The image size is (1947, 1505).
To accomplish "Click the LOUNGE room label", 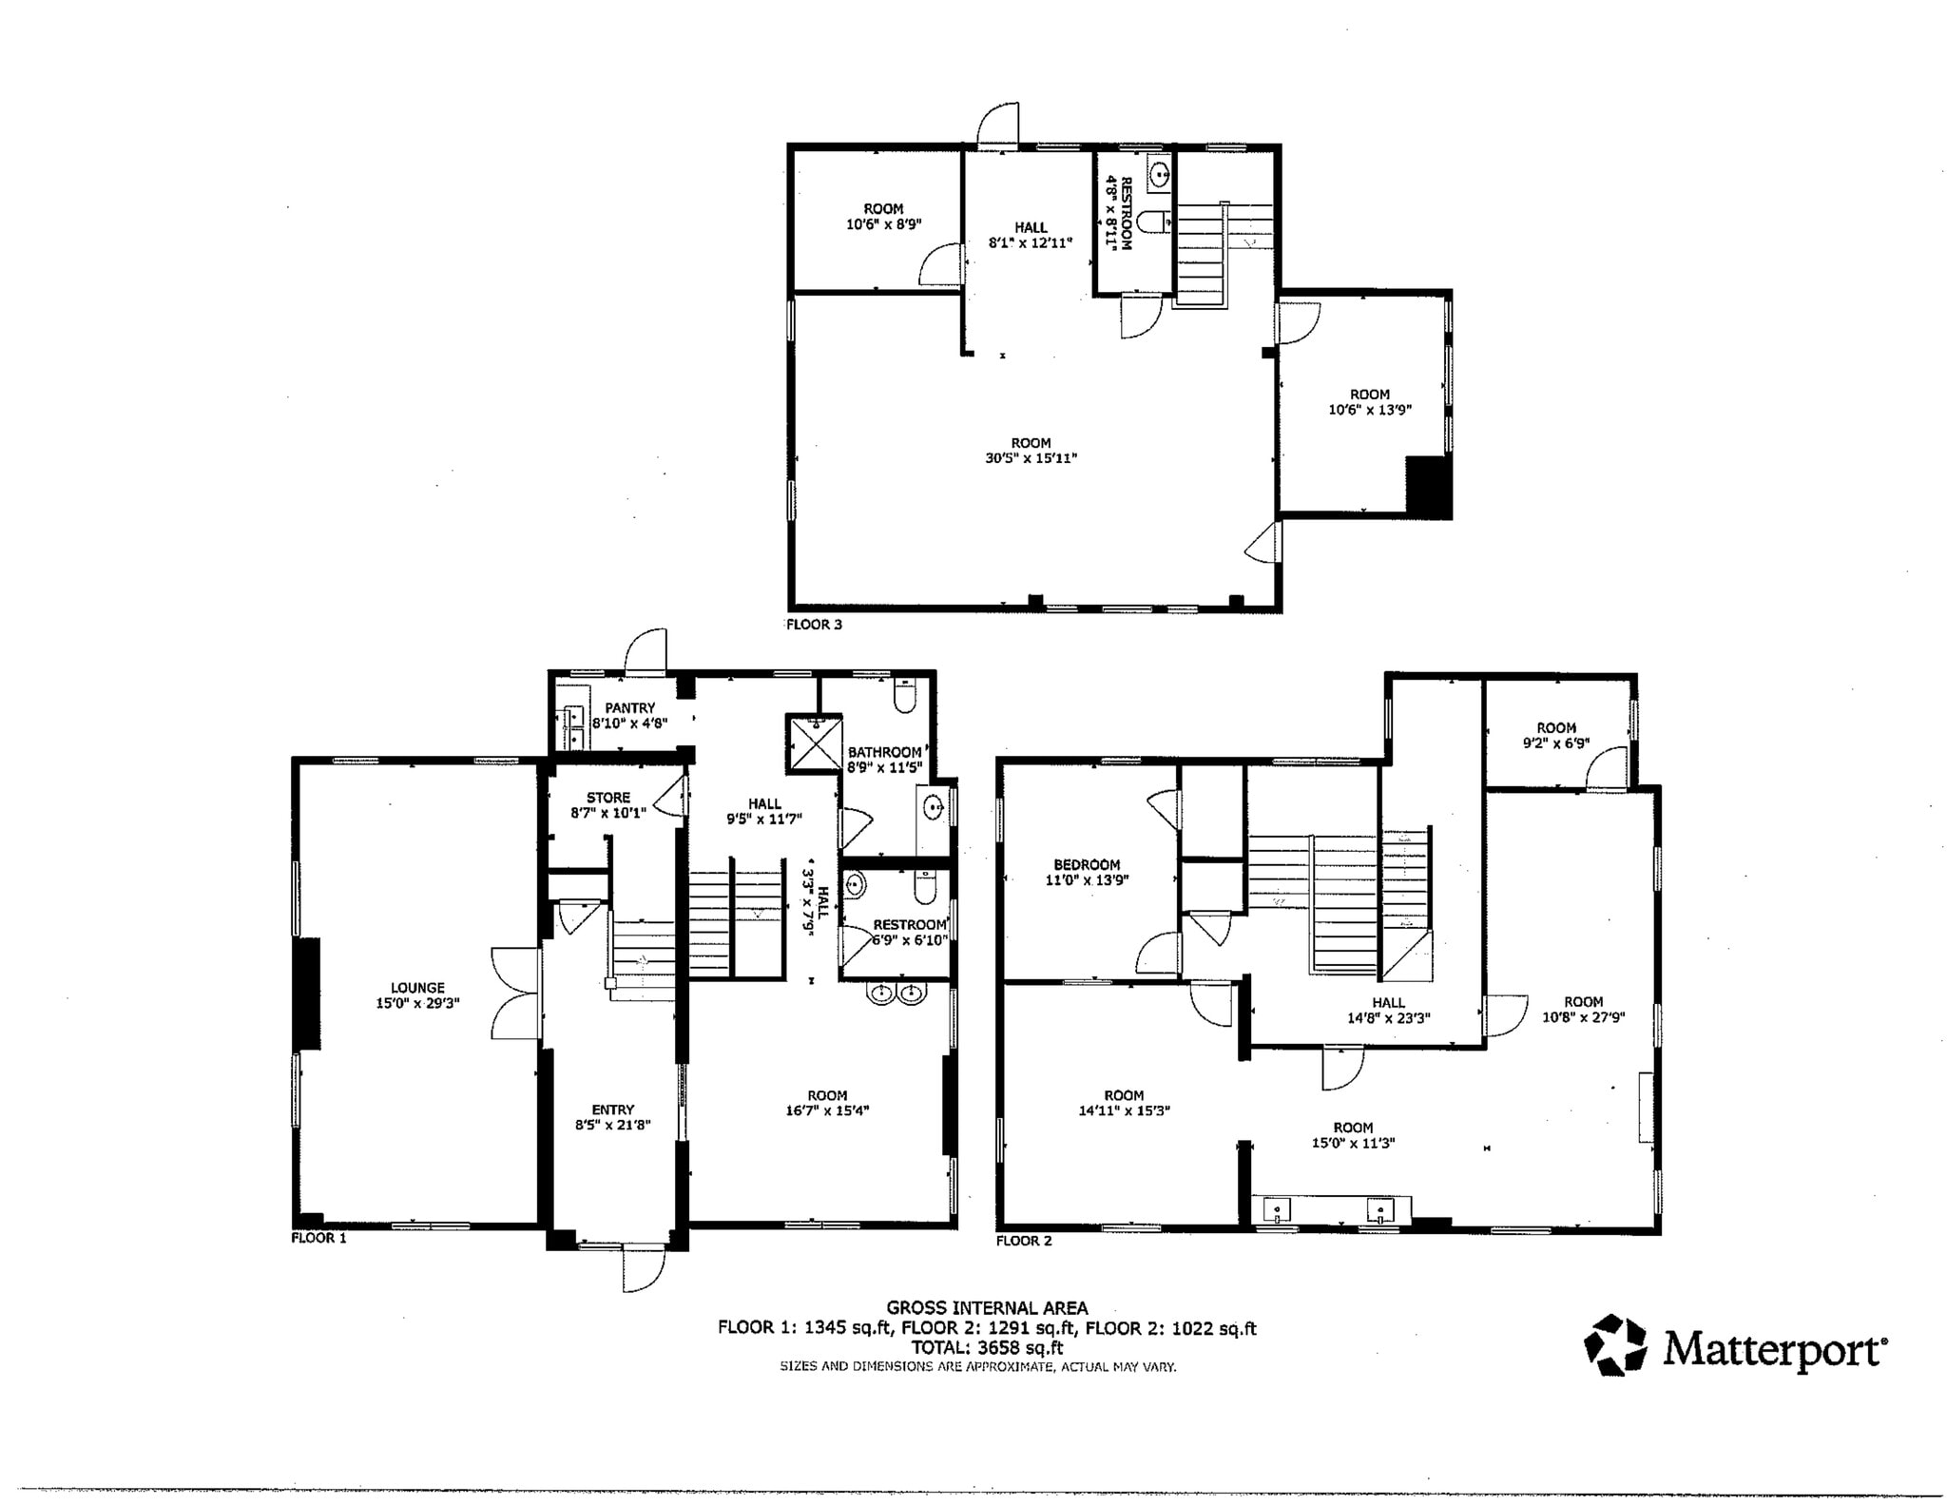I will (x=417, y=988).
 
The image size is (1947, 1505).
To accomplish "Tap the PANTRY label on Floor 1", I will (x=629, y=707).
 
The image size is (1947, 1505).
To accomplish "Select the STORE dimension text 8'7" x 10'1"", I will (x=608, y=813).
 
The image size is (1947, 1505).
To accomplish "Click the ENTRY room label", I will (x=612, y=1109).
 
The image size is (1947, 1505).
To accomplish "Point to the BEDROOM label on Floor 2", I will (x=1087, y=864).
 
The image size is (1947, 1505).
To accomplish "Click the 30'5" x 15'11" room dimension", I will (x=1031, y=458).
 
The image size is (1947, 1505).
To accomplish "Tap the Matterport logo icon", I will (x=1614, y=1344).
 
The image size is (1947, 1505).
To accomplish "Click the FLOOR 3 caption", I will (x=814, y=625).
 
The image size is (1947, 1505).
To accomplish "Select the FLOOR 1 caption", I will (x=318, y=1238).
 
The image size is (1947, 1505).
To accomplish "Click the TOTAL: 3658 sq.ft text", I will (x=987, y=1347).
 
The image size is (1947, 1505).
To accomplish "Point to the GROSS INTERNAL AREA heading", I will (x=987, y=1308).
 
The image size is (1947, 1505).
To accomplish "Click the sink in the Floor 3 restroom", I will (x=1160, y=175).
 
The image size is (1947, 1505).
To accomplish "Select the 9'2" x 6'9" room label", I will (x=1556, y=736).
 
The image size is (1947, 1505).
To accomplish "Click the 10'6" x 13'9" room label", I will (x=1370, y=402).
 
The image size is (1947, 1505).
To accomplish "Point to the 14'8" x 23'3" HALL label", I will (x=1388, y=1010).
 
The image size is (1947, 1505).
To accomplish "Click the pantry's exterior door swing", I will (x=646, y=652).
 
